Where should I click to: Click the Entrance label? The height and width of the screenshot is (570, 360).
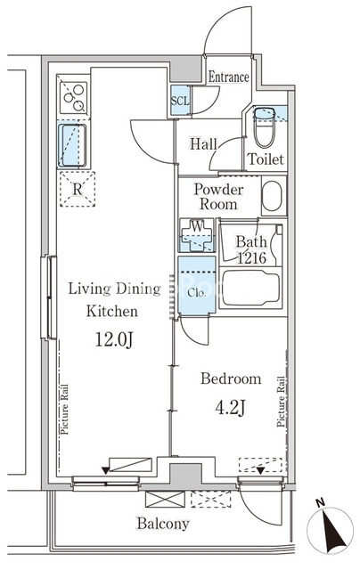click(228, 77)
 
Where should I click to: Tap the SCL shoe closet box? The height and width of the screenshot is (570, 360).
click(180, 100)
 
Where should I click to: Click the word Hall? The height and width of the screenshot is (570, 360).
click(203, 144)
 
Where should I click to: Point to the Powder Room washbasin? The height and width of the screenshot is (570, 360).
click(272, 196)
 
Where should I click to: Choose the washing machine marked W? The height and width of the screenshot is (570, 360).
click(197, 235)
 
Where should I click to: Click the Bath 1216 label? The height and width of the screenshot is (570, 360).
click(251, 249)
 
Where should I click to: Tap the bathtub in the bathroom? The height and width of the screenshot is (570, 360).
click(251, 287)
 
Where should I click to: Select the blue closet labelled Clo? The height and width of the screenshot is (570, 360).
click(197, 285)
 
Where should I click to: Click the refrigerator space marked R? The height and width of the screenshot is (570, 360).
click(78, 190)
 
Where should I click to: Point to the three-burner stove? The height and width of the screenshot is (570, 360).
click(74, 98)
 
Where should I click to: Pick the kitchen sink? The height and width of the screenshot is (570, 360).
click(72, 145)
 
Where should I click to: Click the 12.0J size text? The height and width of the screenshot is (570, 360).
click(114, 340)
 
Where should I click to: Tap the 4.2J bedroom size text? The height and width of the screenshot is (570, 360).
click(230, 408)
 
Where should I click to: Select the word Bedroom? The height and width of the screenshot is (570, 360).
click(231, 379)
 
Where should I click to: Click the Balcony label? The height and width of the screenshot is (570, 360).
click(163, 524)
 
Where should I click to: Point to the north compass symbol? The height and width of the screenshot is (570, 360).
click(331, 528)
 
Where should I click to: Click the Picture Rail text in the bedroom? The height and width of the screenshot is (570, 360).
click(281, 402)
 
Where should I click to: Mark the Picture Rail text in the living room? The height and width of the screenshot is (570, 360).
click(64, 410)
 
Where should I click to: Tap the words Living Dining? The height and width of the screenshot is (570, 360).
click(115, 289)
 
